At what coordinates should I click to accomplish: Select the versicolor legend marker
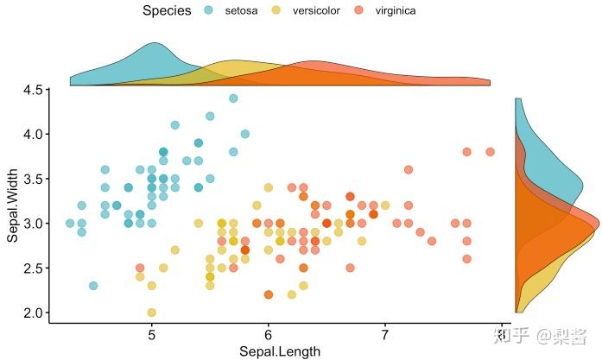click(x=276, y=10)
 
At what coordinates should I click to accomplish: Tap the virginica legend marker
click(x=359, y=10)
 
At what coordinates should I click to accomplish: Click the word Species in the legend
click(x=167, y=10)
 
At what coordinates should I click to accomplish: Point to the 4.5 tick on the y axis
click(x=33, y=90)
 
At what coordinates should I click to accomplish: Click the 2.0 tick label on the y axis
click(x=33, y=313)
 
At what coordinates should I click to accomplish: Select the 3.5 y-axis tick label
click(x=33, y=179)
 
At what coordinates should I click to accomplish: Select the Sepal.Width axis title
click(x=13, y=202)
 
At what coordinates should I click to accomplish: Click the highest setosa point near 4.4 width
click(x=233, y=98)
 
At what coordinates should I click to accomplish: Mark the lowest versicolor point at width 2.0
click(x=152, y=313)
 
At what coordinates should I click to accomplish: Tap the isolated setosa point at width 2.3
click(x=93, y=286)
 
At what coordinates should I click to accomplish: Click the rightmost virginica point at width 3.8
click(x=490, y=152)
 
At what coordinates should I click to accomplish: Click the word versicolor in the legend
click(x=316, y=10)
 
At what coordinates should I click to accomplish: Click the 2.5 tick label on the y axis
click(x=33, y=268)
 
